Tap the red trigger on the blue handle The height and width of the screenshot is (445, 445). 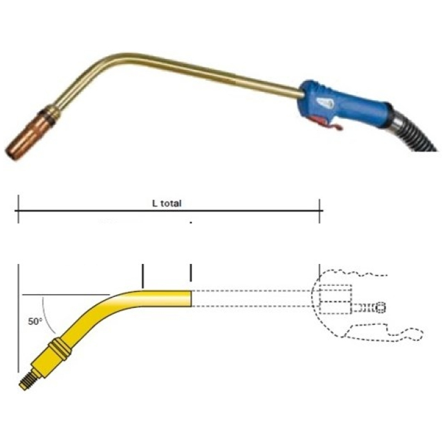329,123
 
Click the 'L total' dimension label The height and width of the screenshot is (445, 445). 167,203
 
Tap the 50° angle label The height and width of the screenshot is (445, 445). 35,321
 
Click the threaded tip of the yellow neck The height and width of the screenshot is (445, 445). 28,380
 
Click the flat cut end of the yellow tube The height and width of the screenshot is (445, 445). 191,298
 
